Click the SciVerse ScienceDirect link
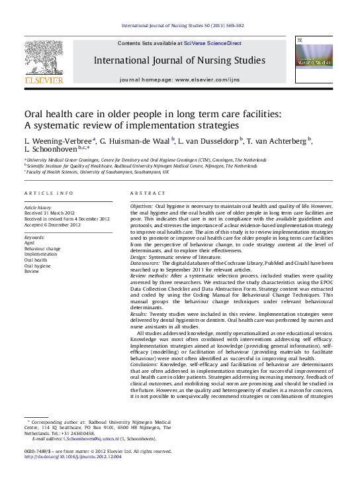coord(217,43)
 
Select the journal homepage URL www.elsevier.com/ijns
coord(212,79)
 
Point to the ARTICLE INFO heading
coord(49,193)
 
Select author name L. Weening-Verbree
coord(59,140)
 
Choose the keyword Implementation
coord(40,254)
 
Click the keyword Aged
coord(30,242)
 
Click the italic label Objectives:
coord(141,207)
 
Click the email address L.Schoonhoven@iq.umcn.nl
coord(91,438)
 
